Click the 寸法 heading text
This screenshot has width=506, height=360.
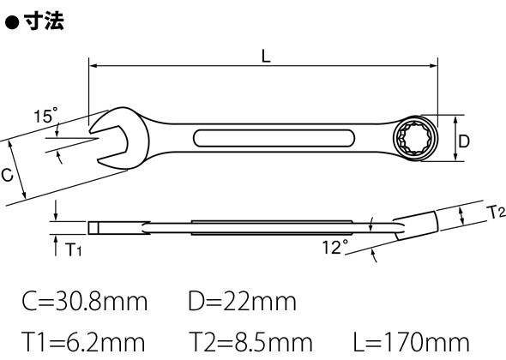(44, 21)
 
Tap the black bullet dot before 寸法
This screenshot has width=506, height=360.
(12, 22)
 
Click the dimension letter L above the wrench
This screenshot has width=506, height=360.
(266, 57)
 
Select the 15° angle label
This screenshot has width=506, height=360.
(46, 115)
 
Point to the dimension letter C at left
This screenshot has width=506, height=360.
(7, 175)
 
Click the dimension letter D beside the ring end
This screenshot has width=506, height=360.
(464, 141)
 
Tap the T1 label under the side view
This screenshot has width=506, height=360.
(73, 249)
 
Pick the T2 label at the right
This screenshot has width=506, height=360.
(497, 213)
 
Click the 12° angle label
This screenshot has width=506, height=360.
(335, 247)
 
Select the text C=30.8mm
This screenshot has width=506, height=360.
(85, 302)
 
